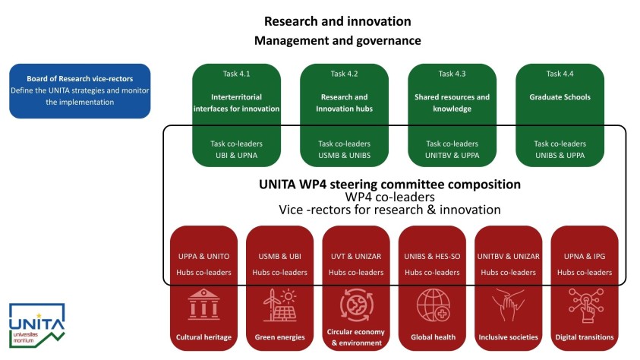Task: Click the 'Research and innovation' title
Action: pos(338,21)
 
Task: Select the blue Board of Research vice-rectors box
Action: pos(80,91)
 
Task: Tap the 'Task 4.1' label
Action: pos(236,74)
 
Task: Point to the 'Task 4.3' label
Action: pos(452,74)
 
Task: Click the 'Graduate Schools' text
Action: pos(560,97)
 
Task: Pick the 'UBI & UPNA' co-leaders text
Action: pos(236,156)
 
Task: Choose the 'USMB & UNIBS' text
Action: pos(344,156)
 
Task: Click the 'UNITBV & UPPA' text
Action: pos(452,156)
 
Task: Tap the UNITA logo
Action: pos(36,325)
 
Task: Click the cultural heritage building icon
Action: pos(203,305)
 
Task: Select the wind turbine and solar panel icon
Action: pos(279,305)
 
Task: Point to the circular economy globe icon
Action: pos(356,305)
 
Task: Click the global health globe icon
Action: pos(433,305)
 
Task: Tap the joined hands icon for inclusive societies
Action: pos(508,305)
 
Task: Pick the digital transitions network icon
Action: pos(585,305)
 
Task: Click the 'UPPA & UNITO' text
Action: pos(203,256)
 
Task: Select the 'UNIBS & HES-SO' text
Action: pos(432,256)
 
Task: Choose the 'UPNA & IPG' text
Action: pos(585,256)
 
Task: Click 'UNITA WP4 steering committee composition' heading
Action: pos(389,184)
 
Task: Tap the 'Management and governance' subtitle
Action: pos(338,40)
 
